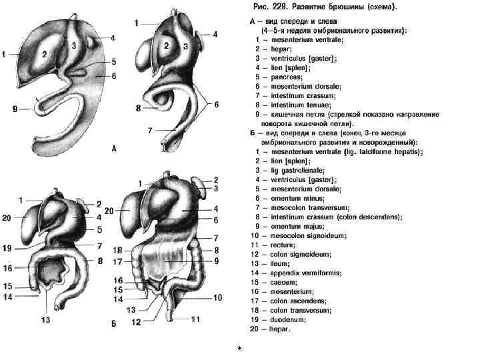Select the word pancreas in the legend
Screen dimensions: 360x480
click(x=286, y=77)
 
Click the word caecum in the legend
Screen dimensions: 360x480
click(x=285, y=282)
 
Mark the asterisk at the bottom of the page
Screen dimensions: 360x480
click(x=240, y=349)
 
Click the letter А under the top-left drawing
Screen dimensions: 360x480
click(x=114, y=149)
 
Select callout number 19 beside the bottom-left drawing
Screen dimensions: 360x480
click(x=7, y=248)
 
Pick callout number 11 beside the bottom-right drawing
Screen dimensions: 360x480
click(x=195, y=320)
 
